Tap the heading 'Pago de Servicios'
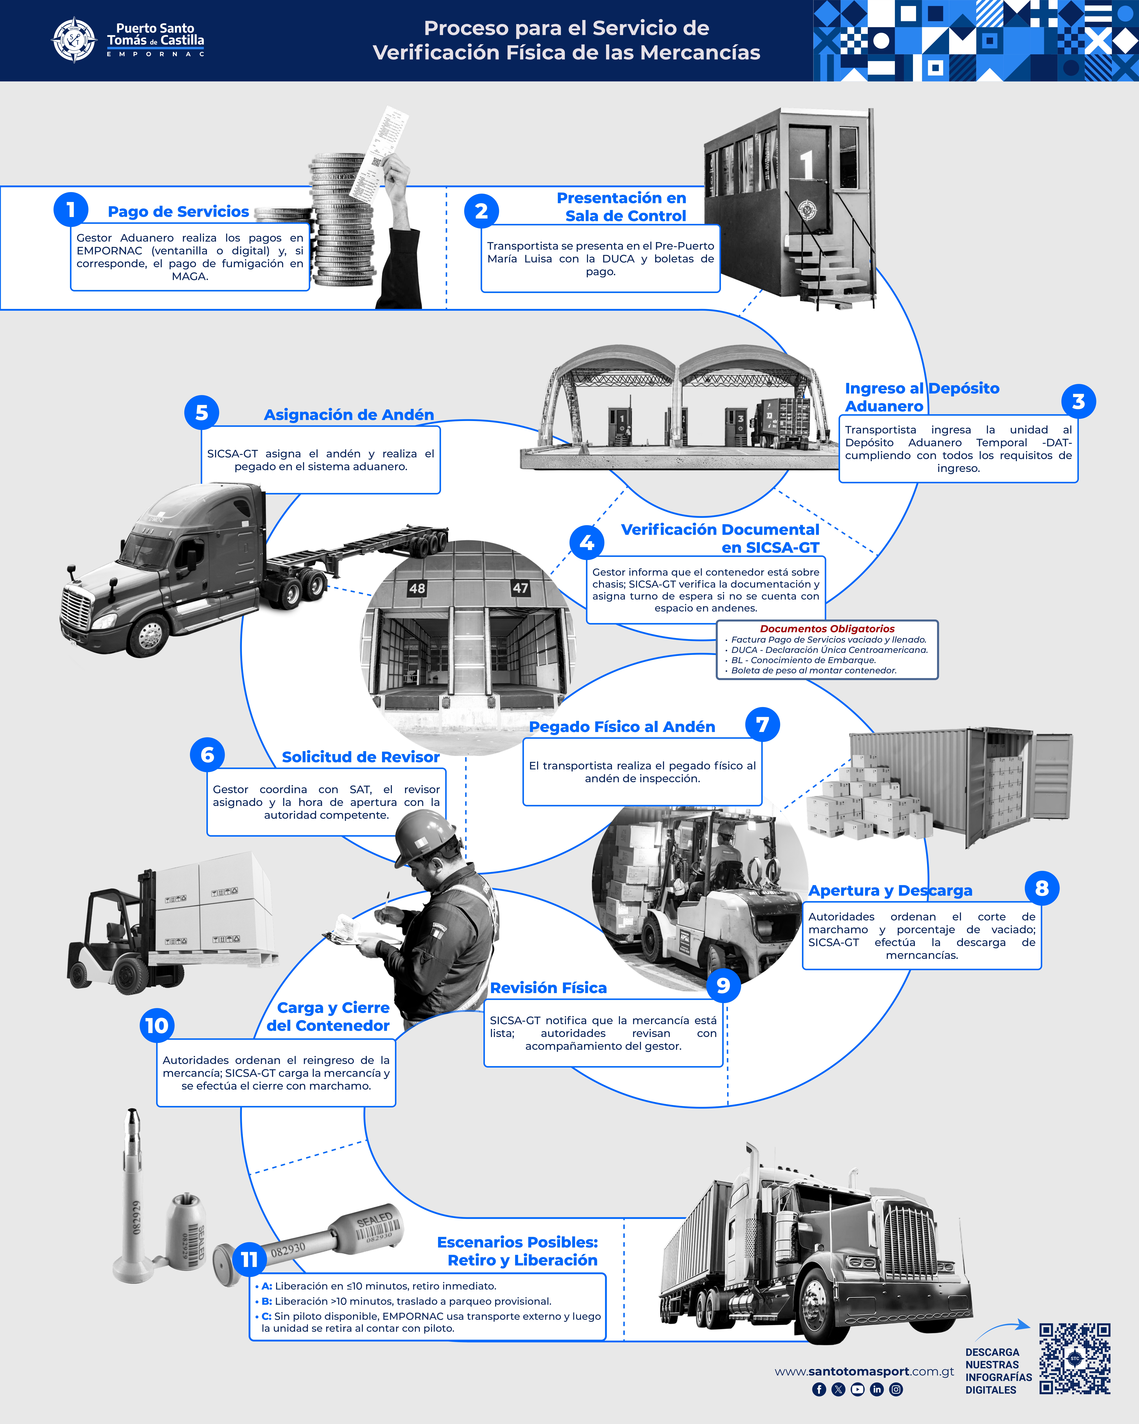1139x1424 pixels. (x=178, y=211)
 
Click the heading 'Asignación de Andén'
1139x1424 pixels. (x=349, y=415)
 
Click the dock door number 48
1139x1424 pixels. (x=417, y=588)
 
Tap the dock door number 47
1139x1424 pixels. (x=520, y=587)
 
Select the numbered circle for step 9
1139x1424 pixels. (x=723, y=985)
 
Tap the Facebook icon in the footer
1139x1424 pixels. (x=819, y=1389)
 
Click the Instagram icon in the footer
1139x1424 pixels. (x=896, y=1389)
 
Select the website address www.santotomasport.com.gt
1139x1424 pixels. (x=864, y=1371)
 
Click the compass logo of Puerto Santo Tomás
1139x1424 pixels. (x=74, y=40)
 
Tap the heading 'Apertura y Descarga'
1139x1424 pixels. (x=890, y=890)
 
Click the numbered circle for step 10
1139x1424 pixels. (x=156, y=1025)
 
